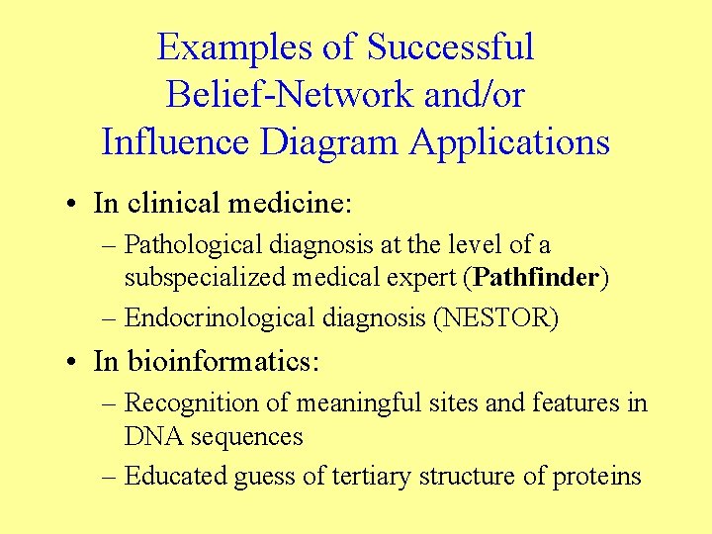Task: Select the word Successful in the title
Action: (x=450, y=47)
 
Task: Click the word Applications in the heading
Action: (x=509, y=142)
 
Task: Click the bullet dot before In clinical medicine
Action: (x=74, y=205)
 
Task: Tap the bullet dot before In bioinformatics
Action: (x=74, y=362)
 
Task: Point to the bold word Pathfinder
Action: (x=535, y=278)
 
